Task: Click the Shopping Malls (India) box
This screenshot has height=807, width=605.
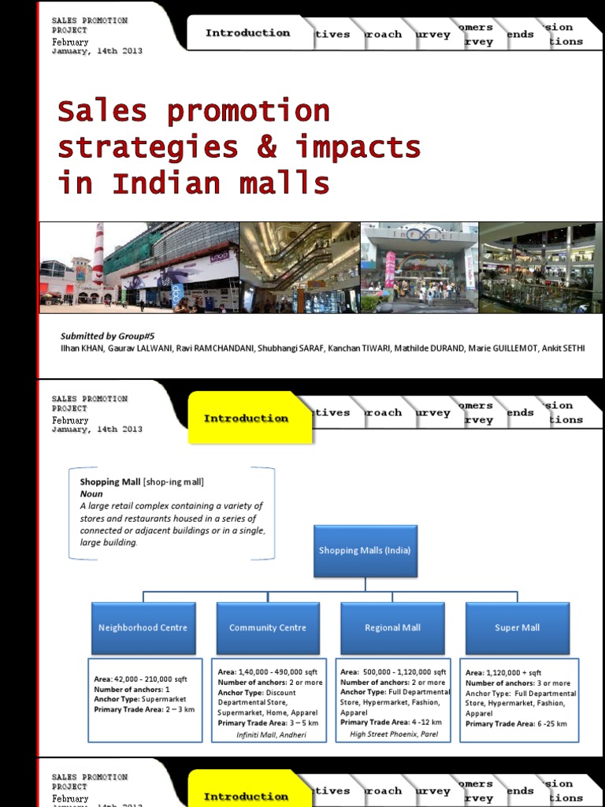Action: [365, 550]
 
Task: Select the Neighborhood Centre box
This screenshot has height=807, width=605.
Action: [143, 628]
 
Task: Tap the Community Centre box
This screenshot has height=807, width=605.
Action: [268, 628]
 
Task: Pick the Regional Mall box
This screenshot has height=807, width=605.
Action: [392, 628]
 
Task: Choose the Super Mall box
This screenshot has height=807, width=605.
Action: [517, 628]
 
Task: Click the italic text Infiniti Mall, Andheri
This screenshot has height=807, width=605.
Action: [271, 734]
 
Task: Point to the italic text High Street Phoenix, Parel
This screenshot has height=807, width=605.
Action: [395, 734]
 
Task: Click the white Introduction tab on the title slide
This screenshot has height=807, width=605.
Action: [247, 33]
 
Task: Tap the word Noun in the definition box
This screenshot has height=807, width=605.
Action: [91, 494]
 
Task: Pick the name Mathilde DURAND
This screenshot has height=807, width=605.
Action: [436, 348]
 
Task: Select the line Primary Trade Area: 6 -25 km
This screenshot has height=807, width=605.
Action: [517, 723]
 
